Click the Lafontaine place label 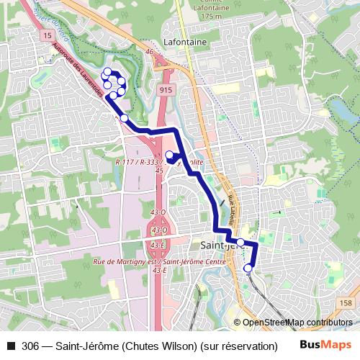point(185,42)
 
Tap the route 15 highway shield point(48,35)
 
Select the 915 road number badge point(166,89)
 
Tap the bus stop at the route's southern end point(248,269)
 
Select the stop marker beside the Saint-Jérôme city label point(240,243)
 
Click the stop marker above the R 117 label point(170,155)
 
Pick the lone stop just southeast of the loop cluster point(124,117)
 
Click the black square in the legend point(9,345)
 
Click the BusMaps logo point(326,345)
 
